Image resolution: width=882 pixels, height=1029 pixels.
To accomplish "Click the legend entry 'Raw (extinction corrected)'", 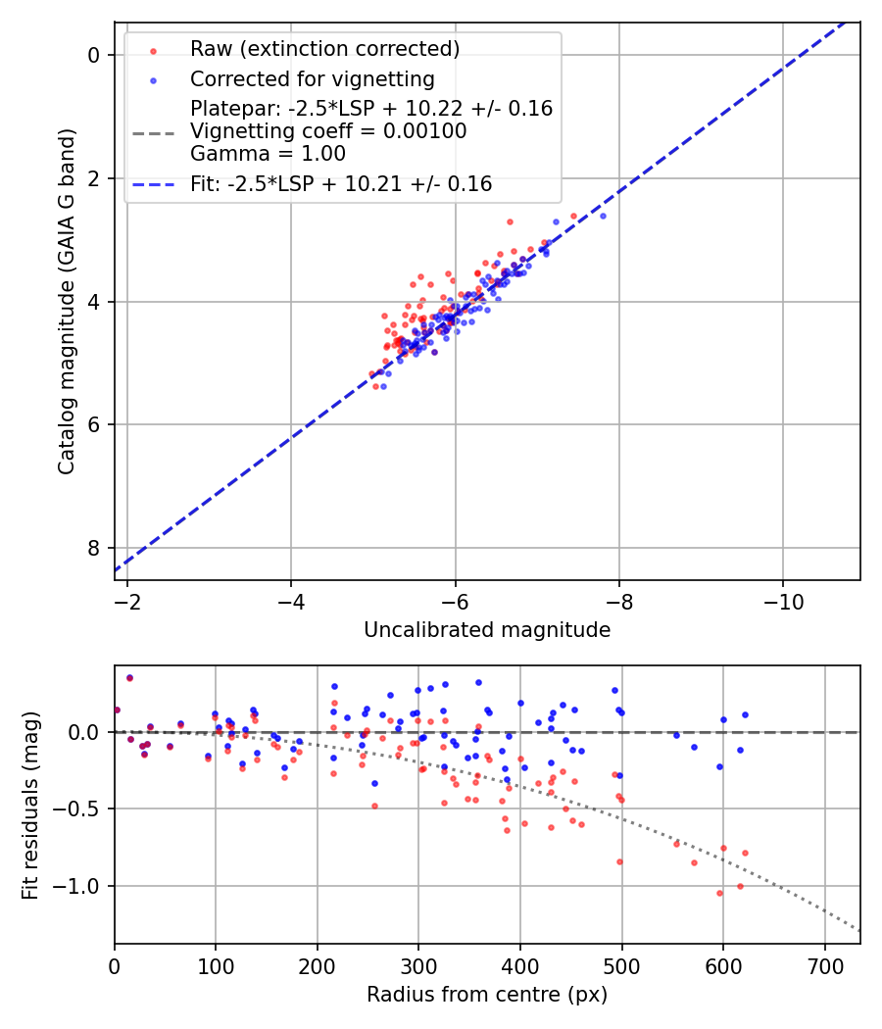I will [324, 49].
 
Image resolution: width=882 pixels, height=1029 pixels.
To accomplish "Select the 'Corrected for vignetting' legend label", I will [312, 78].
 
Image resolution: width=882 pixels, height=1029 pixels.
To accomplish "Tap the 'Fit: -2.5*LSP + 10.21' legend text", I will [341, 184].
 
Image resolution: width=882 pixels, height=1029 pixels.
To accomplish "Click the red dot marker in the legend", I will [153, 50].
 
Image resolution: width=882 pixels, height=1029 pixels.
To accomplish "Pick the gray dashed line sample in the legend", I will [153, 131].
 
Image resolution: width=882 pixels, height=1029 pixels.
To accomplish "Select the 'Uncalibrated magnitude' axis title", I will [487, 630].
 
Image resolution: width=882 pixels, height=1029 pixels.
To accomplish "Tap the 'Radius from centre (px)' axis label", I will [487, 995].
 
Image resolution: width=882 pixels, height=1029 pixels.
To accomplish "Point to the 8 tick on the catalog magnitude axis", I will [94, 548].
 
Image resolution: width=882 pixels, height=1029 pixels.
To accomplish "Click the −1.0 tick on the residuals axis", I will [79, 886].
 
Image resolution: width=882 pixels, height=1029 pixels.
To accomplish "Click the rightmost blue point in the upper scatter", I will [603, 216].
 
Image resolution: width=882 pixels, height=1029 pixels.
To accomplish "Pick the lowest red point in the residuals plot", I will [719, 893].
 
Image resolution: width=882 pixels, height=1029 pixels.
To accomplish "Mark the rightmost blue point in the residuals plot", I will [745, 714].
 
